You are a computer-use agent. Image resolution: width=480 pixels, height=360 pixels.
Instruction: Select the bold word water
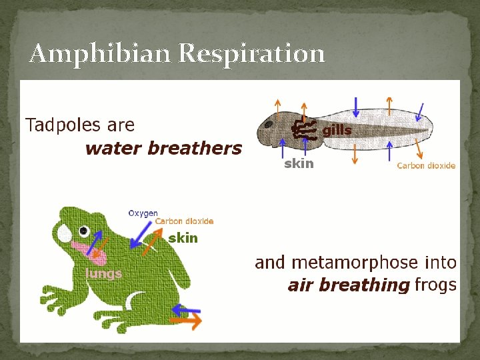point(114,148)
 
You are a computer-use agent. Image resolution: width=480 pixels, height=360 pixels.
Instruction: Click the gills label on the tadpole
point(337,131)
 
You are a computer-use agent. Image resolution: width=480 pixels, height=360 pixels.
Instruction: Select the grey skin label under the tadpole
point(299,163)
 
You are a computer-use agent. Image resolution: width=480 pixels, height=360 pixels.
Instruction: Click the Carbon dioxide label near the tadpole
point(426,165)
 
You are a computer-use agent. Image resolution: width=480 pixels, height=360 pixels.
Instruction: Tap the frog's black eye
point(84,231)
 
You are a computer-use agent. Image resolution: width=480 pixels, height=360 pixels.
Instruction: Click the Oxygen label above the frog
point(143,213)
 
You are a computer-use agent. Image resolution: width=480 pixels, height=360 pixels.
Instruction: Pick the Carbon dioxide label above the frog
point(184,221)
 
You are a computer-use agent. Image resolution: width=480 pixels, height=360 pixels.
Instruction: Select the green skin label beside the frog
point(183,238)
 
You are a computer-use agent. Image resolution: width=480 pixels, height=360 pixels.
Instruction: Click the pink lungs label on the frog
point(103,273)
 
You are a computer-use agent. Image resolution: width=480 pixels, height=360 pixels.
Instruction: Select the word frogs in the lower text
point(435,285)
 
